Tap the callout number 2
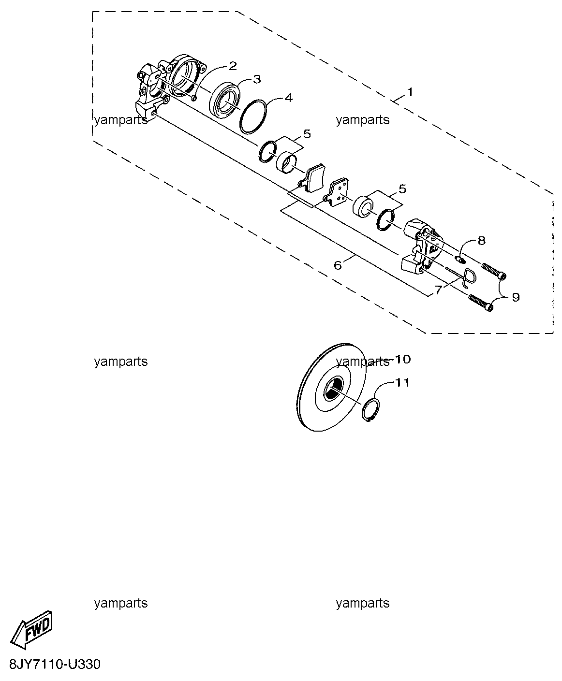[x=232, y=66]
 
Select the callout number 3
[x=257, y=79]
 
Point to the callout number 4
[x=289, y=98]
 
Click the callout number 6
[x=338, y=265]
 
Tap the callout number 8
[x=481, y=241]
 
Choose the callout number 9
[x=516, y=297]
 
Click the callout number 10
[x=402, y=360]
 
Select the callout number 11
[x=402, y=382]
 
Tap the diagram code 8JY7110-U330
[x=55, y=665]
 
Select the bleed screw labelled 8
[x=460, y=259]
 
